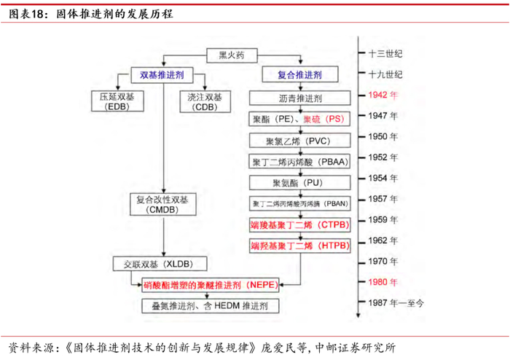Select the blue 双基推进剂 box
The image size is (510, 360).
coord(161,74)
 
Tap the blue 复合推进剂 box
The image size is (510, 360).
coord(299,74)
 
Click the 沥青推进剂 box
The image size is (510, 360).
coord(299,97)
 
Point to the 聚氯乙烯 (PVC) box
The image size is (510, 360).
coord(299,138)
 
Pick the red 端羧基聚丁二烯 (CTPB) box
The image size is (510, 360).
coord(299,224)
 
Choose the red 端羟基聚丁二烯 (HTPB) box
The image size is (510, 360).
coord(299,246)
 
